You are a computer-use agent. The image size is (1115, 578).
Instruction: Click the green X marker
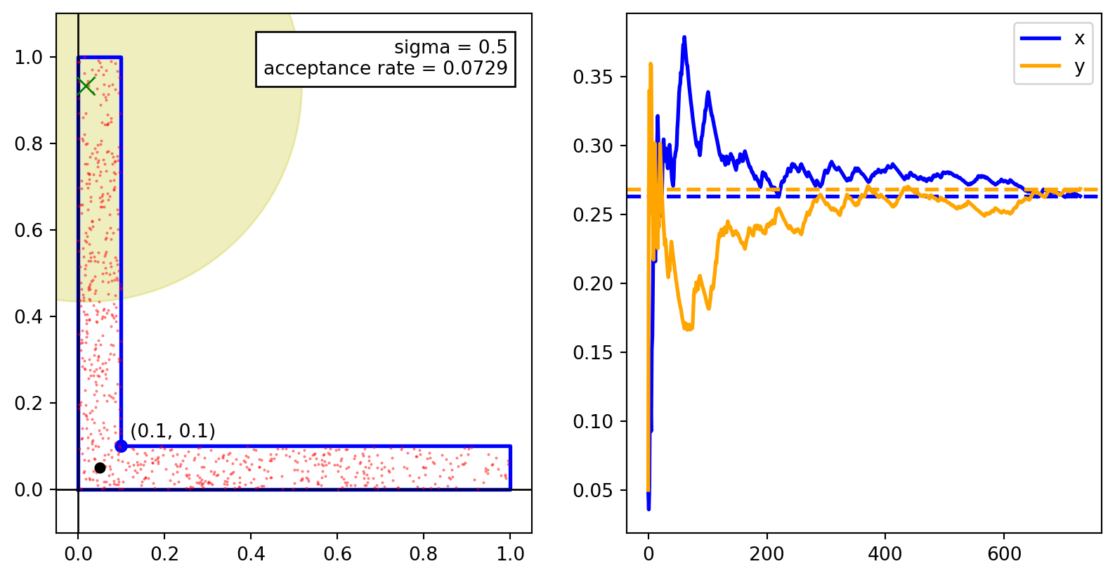point(86,86)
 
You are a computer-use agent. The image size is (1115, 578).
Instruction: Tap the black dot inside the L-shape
point(100,468)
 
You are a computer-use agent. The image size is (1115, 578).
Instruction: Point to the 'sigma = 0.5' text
point(450,47)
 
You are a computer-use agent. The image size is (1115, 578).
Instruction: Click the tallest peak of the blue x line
point(684,37)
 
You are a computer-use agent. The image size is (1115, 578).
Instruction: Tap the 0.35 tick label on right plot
point(593,77)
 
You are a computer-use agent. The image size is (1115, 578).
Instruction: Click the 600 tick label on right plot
point(1004,554)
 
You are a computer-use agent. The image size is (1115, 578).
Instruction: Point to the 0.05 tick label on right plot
point(593,490)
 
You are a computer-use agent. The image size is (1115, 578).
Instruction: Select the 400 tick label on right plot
point(885,554)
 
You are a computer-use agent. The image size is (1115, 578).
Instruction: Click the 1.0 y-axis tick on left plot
point(29,57)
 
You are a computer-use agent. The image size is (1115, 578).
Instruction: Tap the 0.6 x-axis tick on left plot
point(337,554)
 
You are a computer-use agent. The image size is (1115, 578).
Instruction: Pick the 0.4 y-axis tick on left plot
point(29,316)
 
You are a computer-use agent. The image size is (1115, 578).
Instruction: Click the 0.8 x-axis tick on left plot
point(424,554)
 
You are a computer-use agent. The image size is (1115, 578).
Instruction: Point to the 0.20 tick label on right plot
point(593,283)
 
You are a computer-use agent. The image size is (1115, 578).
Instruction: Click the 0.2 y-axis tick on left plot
point(29,403)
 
